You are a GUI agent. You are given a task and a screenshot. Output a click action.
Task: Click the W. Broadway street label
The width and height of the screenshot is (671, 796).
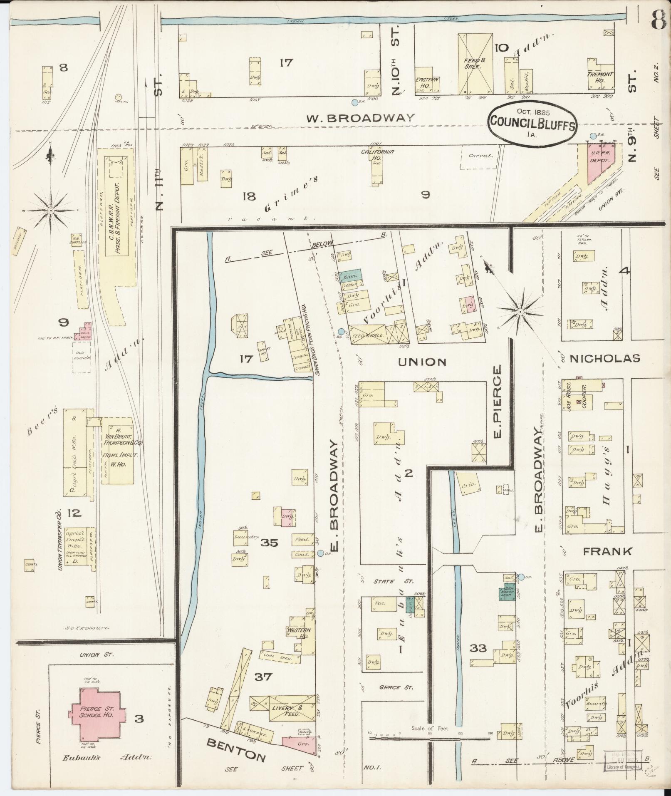coord(361,118)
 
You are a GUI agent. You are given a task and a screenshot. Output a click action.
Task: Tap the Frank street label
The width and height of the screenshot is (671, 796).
coord(607,552)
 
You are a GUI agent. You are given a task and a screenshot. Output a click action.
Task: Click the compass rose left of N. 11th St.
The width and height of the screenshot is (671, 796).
coord(51,211)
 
